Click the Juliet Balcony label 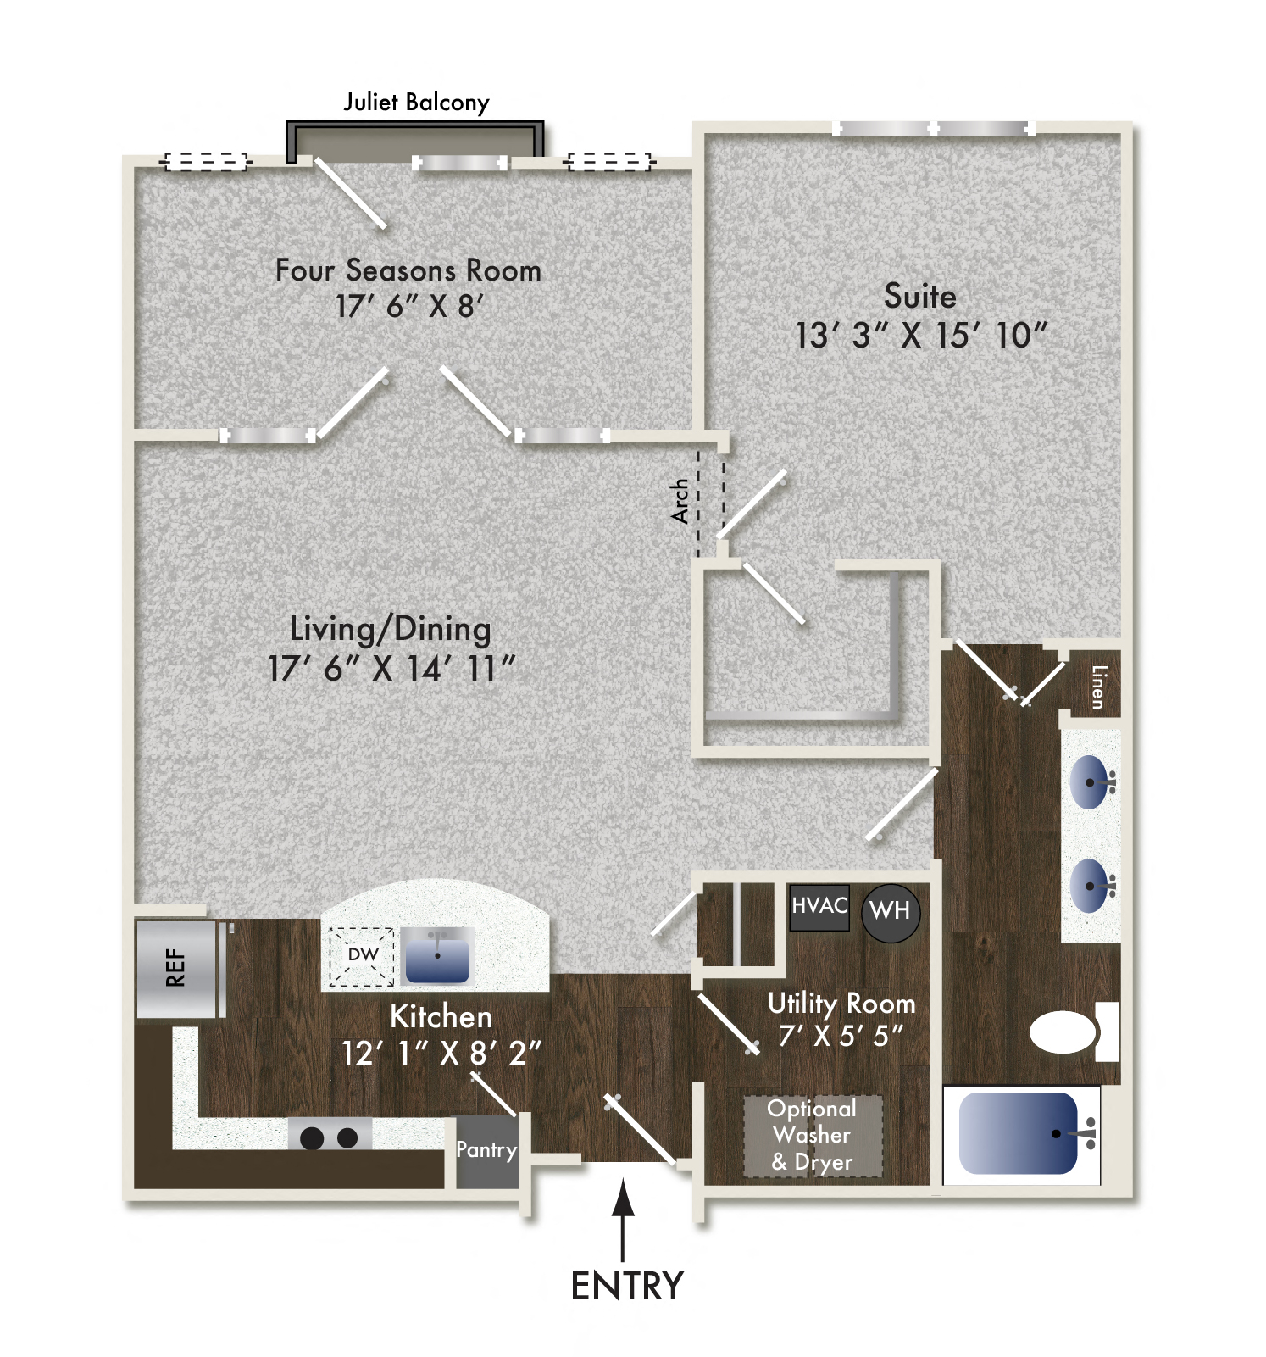click(416, 103)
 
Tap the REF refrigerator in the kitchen click(176, 968)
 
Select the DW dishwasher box click(362, 955)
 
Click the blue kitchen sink click(437, 956)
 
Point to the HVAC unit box click(819, 906)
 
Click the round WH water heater click(890, 911)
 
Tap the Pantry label click(486, 1150)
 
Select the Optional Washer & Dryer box click(813, 1136)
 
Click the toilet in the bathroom click(1066, 1032)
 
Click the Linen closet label click(1098, 687)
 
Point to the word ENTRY click(627, 1286)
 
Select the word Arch click(680, 501)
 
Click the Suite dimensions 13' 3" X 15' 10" click(921, 336)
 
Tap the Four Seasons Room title click(408, 270)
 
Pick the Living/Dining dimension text click(391, 669)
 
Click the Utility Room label click(841, 1004)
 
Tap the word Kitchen click(441, 1016)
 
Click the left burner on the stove click(312, 1137)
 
